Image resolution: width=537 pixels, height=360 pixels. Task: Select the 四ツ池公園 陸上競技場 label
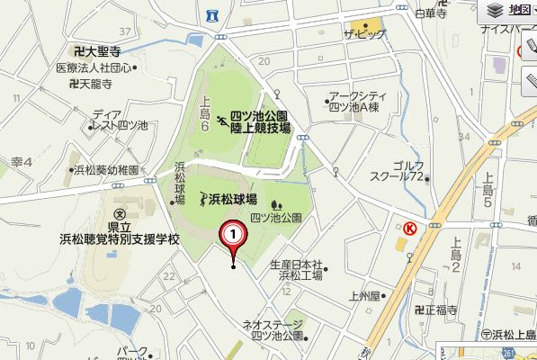pyautogui.click(x=260, y=122)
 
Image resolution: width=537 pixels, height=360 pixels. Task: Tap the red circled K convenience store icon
pyautogui.click(x=409, y=228)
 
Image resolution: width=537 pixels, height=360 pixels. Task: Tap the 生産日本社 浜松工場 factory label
pyautogui.click(x=296, y=270)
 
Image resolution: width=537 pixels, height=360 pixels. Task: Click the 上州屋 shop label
pyautogui.click(x=369, y=294)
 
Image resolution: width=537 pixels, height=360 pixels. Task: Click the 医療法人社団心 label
pyautogui.click(x=94, y=67)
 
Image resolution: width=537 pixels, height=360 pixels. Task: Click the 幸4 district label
pyautogui.click(x=22, y=161)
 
